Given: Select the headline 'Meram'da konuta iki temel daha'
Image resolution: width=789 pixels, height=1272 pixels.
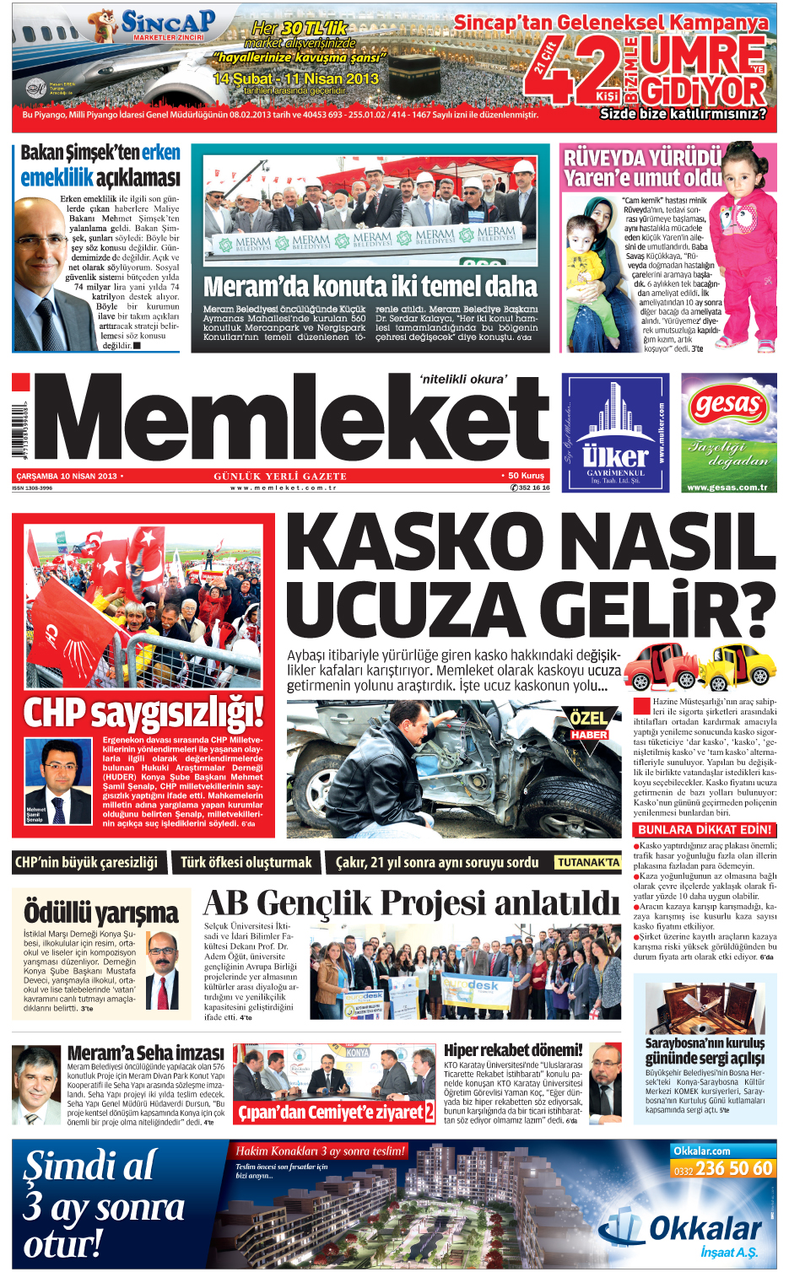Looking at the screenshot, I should click(x=370, y=287).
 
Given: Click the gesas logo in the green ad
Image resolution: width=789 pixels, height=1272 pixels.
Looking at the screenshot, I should click(x=727, y=405).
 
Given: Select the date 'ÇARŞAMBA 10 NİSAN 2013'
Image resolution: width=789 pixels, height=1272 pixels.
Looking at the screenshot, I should click(x=67, y=477).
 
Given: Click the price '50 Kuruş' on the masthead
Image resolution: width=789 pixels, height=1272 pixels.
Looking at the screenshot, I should click(x=526, y=476).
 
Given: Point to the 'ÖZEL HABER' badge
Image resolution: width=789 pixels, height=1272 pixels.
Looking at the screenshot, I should click(x=589, y=725).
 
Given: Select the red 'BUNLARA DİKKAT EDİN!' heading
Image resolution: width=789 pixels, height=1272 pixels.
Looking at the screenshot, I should click(x=705, y=830).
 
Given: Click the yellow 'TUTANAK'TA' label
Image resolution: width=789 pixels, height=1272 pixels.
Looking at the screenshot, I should click(x=587, y=862).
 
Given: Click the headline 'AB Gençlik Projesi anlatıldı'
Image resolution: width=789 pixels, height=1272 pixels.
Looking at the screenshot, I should click(x=411, y=903).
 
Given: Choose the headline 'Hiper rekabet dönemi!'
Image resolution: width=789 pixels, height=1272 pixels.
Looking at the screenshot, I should click(x=513, y=1050).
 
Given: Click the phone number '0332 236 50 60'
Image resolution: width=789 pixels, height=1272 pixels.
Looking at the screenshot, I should click(x=722, y=1168).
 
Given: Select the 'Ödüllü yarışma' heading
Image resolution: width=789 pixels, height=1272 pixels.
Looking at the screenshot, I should click(x=101, y=913).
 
